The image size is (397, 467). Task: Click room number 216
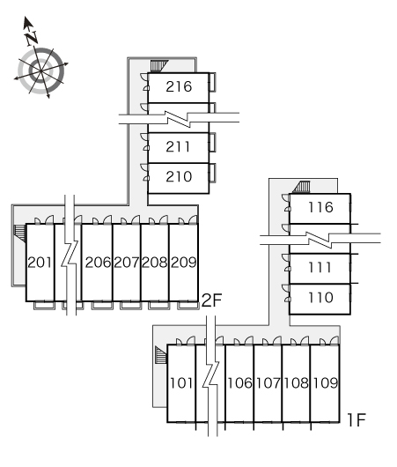point(179,86)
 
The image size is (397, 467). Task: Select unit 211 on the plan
point(178,147)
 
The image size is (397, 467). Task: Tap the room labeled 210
point(179,176)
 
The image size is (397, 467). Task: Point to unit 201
point(40,263)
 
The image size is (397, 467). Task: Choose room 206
point(98,263)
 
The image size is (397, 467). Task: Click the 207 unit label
point(126,263)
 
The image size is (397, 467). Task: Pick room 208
point(154,263)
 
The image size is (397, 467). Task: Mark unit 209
point(184,263)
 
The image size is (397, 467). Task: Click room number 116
point(320,207)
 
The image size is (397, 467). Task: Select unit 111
point(320,268)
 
